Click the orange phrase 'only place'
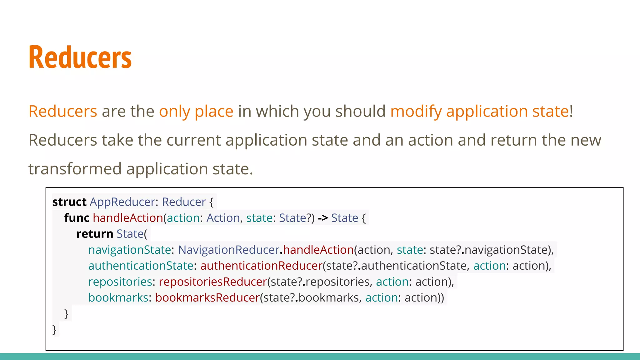pyautogui.click(x=196, y=112)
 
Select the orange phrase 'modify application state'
pyautogui.click(x=479, y=112)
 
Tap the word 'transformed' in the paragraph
pyautogui.click(x=75, y=169)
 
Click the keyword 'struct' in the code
pyautogui.click(x=69, y=202)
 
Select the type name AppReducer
pyautogui.click(x=122, y=202)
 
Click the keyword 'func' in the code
pyautogui.click(x=77, y=218)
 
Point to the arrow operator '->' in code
pyautogui.click(x=322, y=218)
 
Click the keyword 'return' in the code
pyautogui.click(x=94, y=234)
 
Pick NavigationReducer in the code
pyautogui.click(x=228, y=250)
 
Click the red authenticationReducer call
pyautogui.click(x=261, y=266)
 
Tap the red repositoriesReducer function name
pyautogui.click(x=213, y=282)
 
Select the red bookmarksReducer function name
pyautogui.click(x=207, y=298)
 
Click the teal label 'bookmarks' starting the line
pyautogui.click(x=118, y=298)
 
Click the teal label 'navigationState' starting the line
pyautogui.click(x=129, y=250)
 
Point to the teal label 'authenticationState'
pyautogui.click(x=141, y=266)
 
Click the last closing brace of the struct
pyautogui.click(x=54, y=330)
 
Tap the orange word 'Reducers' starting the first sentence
pyautogui.click(x=63, y=112)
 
